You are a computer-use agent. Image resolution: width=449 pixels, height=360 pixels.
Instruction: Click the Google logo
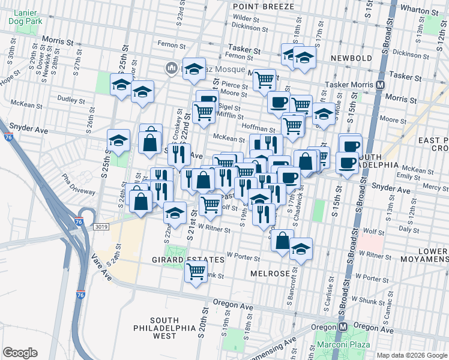(20, 353)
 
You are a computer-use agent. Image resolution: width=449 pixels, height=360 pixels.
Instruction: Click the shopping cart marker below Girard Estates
(196, 272)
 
